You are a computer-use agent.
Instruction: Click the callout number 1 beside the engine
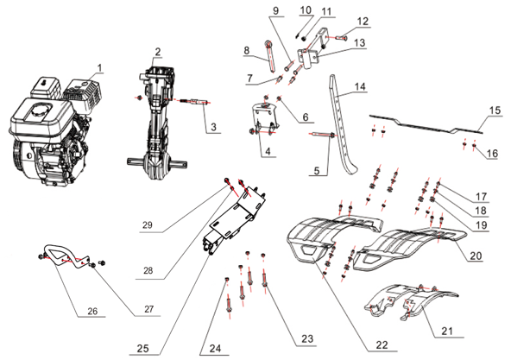point(100,68)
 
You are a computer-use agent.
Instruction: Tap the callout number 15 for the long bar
point(495,111)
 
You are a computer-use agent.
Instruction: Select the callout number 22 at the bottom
point(382,345)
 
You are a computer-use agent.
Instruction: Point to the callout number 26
point(92,311)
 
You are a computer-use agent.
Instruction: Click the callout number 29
point(148,225)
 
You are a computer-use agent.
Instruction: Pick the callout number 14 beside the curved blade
point(360,86)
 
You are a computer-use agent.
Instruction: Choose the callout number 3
point(213,127)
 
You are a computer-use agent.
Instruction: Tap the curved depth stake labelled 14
point(341,124)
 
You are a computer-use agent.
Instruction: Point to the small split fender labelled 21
point(412,299)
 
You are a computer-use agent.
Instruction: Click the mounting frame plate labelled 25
point(235,219)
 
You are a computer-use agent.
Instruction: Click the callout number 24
point(215,349)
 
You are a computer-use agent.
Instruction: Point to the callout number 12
point(363,22)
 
